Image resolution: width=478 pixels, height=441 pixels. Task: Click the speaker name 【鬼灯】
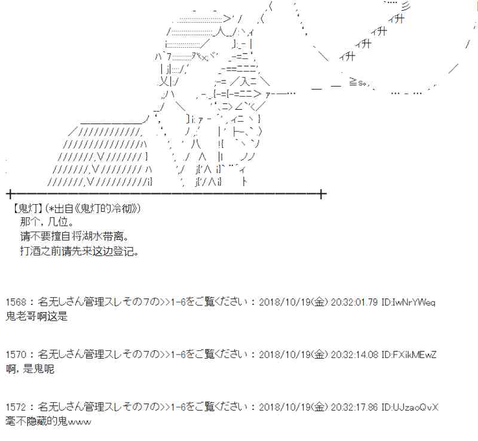(x=27, y=209)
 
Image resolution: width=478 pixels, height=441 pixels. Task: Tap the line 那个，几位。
(x=47, y=222)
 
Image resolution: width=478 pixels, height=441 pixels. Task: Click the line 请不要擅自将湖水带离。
(x=74, y=236)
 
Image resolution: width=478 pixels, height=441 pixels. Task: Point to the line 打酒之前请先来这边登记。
(x=79, y=251)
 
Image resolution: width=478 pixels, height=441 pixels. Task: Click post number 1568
(x=16, y=302)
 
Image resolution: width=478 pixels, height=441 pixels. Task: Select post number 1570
(x=16, y=354)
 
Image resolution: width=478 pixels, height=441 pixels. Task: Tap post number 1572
(x=16, y=407)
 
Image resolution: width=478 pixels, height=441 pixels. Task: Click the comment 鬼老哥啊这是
(x=36, y=316)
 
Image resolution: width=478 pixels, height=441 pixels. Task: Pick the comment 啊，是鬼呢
(x=30, y=369)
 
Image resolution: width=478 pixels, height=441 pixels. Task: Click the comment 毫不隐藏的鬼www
(x=48, y=421)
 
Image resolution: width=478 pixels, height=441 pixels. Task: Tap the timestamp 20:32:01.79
(x=354, y=302)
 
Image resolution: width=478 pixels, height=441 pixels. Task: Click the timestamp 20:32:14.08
(x=354, y=354)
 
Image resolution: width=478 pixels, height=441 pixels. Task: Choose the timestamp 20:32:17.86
(x=354, y=407)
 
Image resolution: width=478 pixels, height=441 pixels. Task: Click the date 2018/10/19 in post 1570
(x=285, y=354)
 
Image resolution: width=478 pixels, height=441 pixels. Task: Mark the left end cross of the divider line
(x=10, y=194)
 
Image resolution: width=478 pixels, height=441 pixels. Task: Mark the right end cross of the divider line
(x=321, y=194)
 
